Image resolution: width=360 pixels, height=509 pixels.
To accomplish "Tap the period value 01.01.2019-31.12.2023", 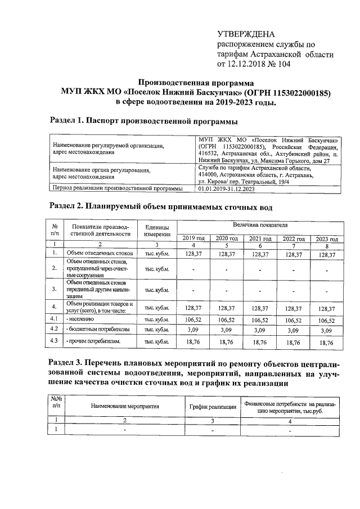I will (231, 189).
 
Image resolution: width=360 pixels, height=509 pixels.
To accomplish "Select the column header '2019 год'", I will (193, 238).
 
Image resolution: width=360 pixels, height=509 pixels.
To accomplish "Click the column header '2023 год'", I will (326, 238).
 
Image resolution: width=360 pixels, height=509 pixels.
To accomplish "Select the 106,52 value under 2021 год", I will (260, 319).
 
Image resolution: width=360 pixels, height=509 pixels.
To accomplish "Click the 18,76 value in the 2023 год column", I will (326, 341).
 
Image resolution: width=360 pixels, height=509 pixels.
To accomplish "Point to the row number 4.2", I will (55, 328).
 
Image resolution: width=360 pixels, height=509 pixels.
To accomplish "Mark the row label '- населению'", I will (82, 319).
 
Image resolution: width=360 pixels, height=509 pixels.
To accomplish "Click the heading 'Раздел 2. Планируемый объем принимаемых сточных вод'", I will (161, 206).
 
